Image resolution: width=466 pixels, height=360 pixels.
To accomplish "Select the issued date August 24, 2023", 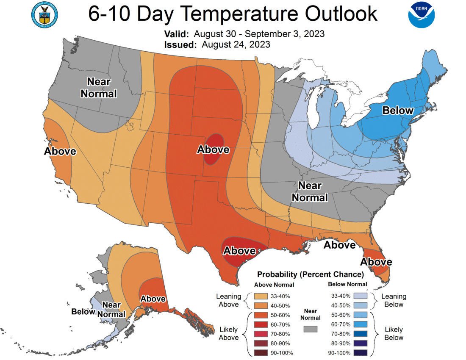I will [x=236, y=44].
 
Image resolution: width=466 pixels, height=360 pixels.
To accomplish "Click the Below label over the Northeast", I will [x=397, y=111].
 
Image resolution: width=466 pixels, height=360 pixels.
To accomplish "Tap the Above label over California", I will [x=60, y=151].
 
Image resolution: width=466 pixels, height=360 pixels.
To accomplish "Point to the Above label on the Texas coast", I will [x=239, y=251].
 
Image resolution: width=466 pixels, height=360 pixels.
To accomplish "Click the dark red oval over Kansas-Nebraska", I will [x=214, y=149].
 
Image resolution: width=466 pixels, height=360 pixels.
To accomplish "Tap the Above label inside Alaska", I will [x=153, y=298].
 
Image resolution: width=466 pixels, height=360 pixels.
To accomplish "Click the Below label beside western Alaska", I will [x=83, y=312].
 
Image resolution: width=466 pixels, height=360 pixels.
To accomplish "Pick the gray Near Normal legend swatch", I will [x=311, y=328].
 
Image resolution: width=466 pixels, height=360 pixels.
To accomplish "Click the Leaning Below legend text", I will [x=394, y=300].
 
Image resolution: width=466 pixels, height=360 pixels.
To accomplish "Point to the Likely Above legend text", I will [x=228, y=333].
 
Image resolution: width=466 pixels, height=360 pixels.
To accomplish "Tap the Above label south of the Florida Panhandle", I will [x=340, y=245].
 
